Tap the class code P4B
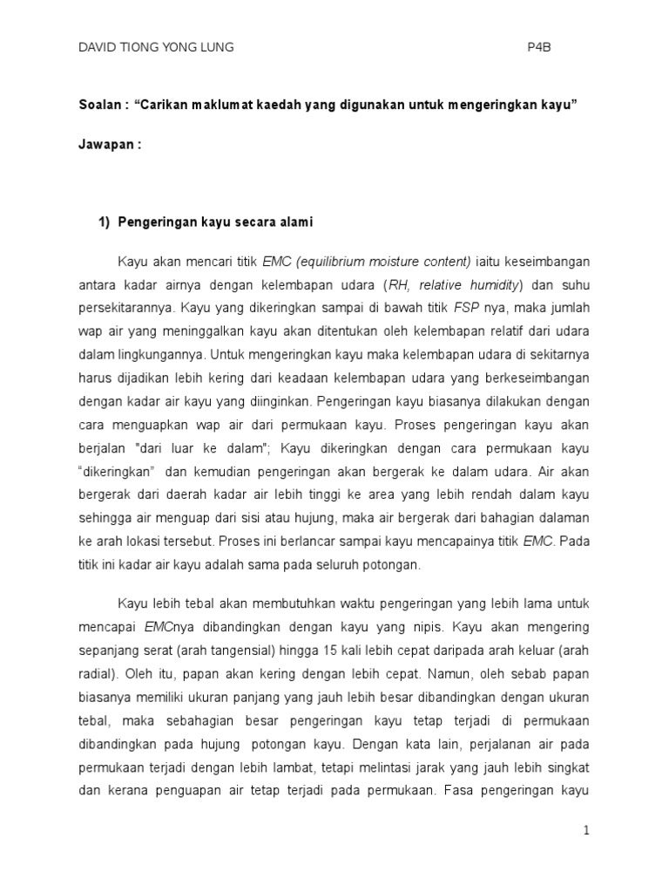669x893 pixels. coord(540,48)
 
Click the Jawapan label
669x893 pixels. coord(108,145)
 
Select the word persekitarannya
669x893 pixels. coord(125,307)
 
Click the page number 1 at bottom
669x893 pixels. coord(587,831)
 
